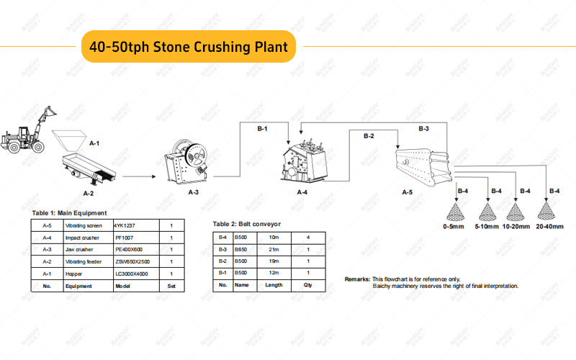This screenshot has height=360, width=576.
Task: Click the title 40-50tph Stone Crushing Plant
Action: (x=189, y=47)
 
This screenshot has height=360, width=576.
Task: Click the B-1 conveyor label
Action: (x=262, y=129)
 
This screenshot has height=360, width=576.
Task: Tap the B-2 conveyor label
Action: (x=369, y=135)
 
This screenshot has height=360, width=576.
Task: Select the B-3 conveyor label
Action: (x=424, y=129)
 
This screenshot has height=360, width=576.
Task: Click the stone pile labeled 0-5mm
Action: (x=454, y=210)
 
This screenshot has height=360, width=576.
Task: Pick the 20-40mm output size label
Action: (x=549, y=227)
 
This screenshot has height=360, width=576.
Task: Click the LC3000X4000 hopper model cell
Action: (x=132, y=274)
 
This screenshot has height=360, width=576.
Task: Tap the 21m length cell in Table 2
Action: (x=273, y=249)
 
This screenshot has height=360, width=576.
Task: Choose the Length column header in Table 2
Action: (x=274, y=286)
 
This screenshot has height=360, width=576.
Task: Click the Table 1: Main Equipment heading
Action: (x=68, y=213)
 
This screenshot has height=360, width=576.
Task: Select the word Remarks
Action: (x=357, y=279)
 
